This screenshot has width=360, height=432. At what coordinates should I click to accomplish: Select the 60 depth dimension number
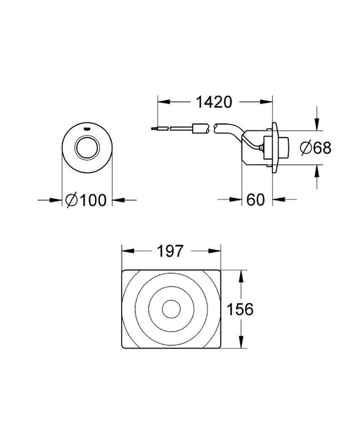(256, 199)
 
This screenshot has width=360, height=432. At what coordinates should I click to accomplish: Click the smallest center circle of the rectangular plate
(170, 309)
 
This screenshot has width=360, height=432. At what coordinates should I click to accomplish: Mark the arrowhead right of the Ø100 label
(116, 199)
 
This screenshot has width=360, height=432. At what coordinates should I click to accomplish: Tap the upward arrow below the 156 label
(241, 343)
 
